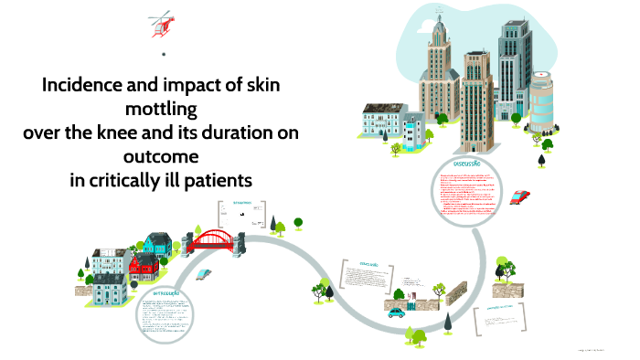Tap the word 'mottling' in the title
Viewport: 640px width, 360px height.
pyautogui.click(x=161, y=110)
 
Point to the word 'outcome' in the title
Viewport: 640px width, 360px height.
pyautogui.click(x=161, y=156)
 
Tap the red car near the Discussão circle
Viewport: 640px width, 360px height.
pyautogui.click(x=520, y=196)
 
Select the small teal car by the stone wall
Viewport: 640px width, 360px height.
pyautogui.click(x=396, y=312)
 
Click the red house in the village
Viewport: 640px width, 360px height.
pyautogui.click(x=143, y=268)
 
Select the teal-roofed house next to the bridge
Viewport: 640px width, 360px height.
pyautogui.click(x=158, y=243)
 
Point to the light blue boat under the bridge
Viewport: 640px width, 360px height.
pyautogui.click(x=208, y=273)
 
